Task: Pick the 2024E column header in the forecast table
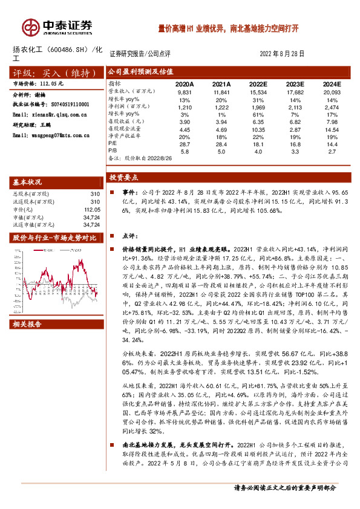(332, 84)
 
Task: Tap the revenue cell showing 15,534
(258, 92)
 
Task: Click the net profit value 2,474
(332, 106)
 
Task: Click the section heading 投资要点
(123, 178)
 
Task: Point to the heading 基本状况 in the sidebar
(28, 182)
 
